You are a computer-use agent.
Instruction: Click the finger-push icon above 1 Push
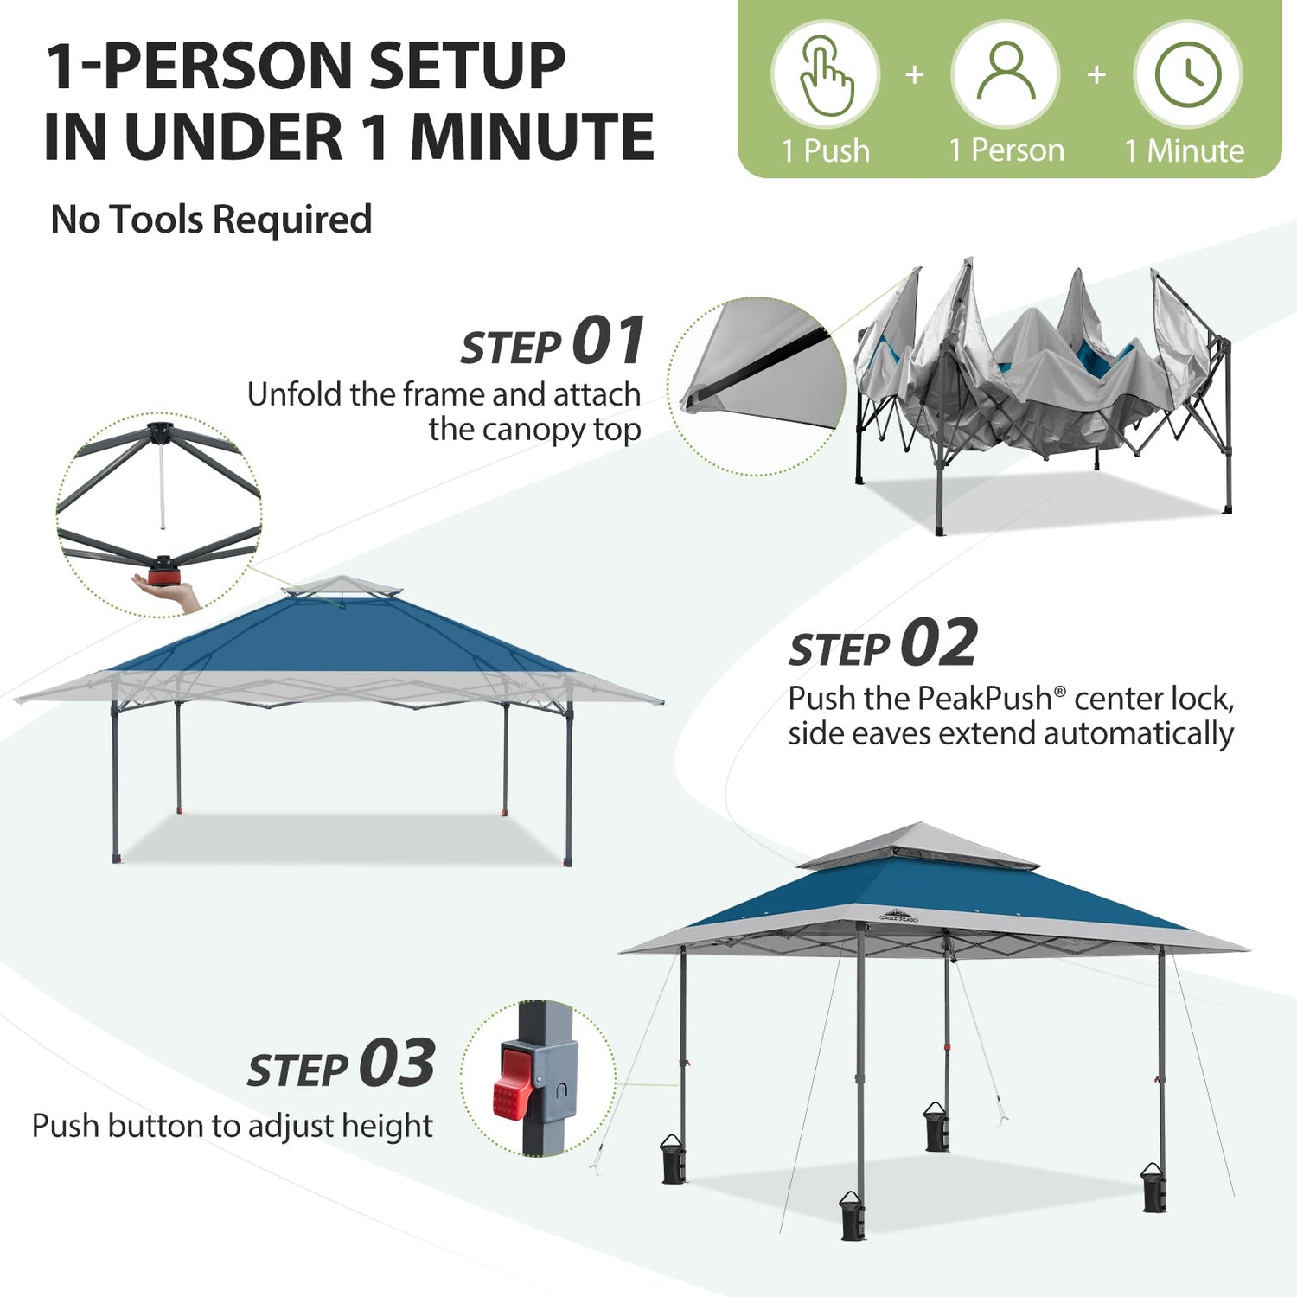(827, 75)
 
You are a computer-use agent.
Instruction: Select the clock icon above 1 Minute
(1188, 74)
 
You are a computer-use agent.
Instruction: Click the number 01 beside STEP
(609, 341)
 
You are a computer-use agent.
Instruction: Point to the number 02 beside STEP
(939, 642)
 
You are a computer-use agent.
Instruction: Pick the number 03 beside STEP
(398, 1063)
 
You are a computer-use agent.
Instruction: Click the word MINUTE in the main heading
(532, 137)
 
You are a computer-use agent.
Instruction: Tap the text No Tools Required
(212, 220)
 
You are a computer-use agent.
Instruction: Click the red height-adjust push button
(512, 1082)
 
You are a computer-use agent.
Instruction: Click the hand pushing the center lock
(169, 594)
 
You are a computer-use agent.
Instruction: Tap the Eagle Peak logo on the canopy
(899, 916)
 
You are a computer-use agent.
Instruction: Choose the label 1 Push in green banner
(826, 150)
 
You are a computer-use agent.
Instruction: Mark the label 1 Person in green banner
(1006, 150)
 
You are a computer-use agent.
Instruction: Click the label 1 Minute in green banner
(1185, 151)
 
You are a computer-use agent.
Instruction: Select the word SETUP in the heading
(467, 66)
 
